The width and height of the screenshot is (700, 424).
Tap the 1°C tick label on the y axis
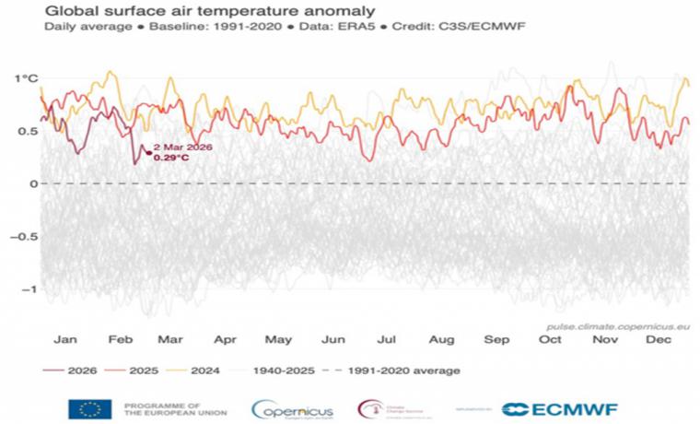[26, 78]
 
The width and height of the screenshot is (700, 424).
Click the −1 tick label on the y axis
[28, 289]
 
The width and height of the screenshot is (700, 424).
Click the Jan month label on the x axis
[64, 339]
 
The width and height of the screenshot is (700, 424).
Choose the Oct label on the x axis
[551, 339]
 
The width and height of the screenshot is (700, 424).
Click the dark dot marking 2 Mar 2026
[148, 151]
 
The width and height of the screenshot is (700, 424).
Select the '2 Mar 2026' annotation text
[183, 147]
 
